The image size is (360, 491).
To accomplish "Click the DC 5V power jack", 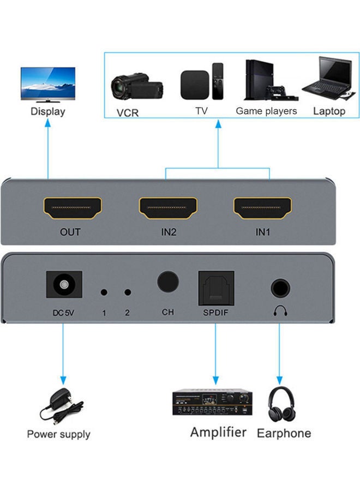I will tap(65, 285).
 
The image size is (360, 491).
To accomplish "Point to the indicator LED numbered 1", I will tap(104, 292).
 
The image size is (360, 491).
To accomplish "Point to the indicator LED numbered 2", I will tap(128, 292).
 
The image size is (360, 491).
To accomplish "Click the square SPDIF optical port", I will tap(216, 286).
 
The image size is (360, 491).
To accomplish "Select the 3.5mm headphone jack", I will tap(280, 288).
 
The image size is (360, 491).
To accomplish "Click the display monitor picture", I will tap(48, 85).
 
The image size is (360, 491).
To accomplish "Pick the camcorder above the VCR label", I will tap(136, 86).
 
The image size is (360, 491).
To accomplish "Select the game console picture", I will tap(266, 81).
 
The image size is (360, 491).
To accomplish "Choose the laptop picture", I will tap(328, 81).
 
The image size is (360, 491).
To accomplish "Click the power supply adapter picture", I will tap(61, 406).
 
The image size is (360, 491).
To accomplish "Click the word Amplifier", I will tap(218, 433).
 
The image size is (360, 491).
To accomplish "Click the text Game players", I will tap(266, 111).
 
